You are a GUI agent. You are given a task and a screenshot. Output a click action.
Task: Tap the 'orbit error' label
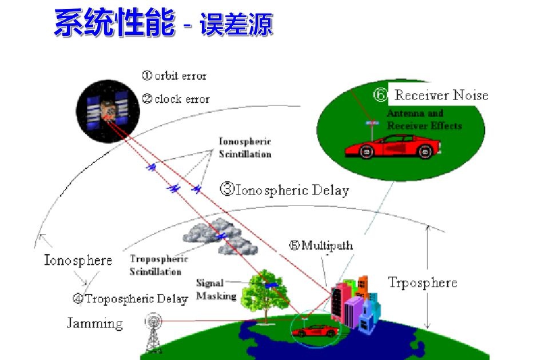174,76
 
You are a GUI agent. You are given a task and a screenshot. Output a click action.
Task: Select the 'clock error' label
176,99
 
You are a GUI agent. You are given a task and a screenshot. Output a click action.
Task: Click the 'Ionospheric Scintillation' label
245,148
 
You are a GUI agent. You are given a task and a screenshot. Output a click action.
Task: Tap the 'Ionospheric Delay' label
285,189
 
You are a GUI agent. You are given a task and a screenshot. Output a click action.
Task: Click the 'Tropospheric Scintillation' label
158,265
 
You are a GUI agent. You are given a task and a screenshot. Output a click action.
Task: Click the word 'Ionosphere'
78,260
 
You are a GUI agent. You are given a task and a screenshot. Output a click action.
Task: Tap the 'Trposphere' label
422,282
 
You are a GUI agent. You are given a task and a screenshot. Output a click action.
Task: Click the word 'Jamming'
94,323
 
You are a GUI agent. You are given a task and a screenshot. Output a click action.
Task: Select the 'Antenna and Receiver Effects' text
424,120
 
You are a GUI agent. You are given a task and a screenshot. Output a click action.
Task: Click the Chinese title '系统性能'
114,24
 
